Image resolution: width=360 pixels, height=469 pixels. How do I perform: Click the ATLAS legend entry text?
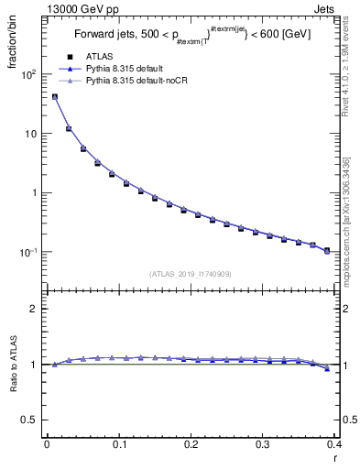coord(100,57)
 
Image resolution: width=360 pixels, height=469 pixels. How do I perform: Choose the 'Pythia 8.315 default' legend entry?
coord(128,69)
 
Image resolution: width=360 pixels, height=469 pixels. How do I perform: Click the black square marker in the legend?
coord(69,57)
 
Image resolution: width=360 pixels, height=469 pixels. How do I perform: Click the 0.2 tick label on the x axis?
coord(191,443)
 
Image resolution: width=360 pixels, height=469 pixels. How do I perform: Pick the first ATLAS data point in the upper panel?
coord(54,97)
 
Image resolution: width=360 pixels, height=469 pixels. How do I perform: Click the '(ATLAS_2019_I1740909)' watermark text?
coord(190,273)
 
